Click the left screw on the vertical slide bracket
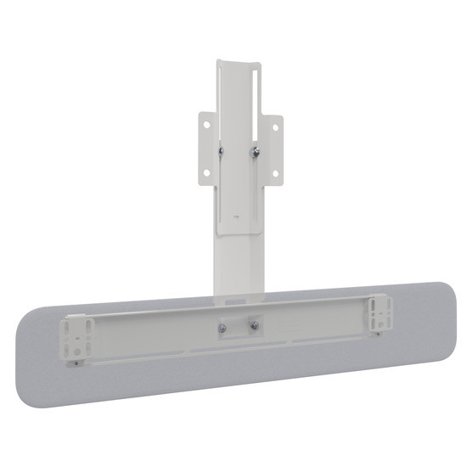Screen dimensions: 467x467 (x=221, y=150)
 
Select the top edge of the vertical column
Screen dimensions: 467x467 (x=239, y=62)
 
